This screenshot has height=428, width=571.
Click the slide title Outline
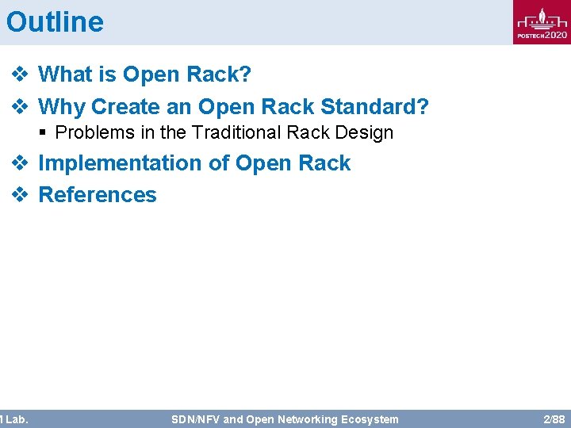click(x=55, y=21)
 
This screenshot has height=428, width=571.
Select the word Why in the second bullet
click(x=61, y=106)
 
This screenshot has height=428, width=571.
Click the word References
click(x=98, y=195)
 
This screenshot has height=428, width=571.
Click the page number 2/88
click(x=554, y=419)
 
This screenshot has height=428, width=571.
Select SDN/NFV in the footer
click(x=195, y=419)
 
